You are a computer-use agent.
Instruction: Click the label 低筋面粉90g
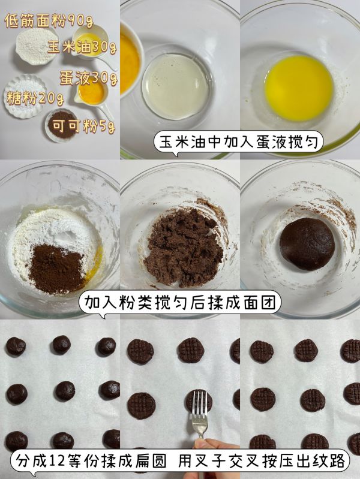tap(48, 22)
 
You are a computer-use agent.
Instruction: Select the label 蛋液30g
tap(87, 77)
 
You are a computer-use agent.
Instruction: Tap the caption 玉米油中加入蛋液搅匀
tap(238, 143)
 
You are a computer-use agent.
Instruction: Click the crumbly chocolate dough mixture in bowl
tap(182, 246)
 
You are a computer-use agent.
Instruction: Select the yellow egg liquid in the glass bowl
tap(298, 88)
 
